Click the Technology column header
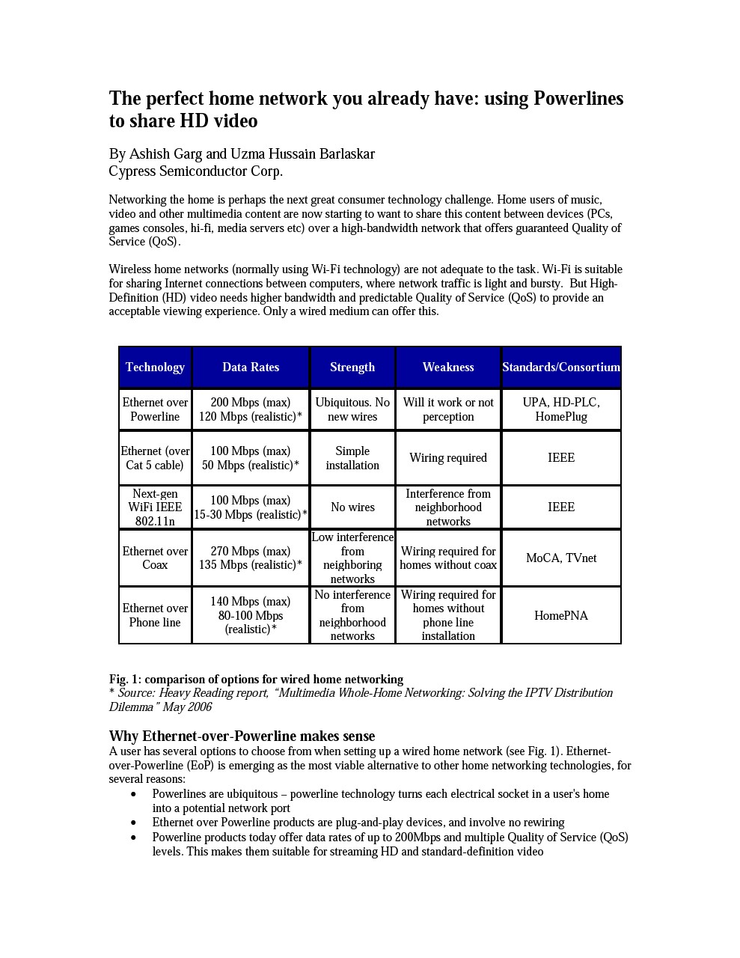155,367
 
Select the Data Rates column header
251,367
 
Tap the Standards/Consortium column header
561,367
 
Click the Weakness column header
448,367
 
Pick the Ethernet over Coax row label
155,558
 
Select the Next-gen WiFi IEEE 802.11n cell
155,507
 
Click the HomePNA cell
561,615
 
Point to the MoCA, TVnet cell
561,558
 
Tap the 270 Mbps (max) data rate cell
251,558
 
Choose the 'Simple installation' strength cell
352,458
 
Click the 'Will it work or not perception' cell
448,409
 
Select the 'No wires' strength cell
352,507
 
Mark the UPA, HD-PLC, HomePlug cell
561,409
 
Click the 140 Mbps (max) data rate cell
251,615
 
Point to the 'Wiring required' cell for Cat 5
448,458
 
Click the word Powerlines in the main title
578,99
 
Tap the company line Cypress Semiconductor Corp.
196,171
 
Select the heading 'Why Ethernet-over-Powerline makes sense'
242,736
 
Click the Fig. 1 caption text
256,680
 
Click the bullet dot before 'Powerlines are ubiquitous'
134,794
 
